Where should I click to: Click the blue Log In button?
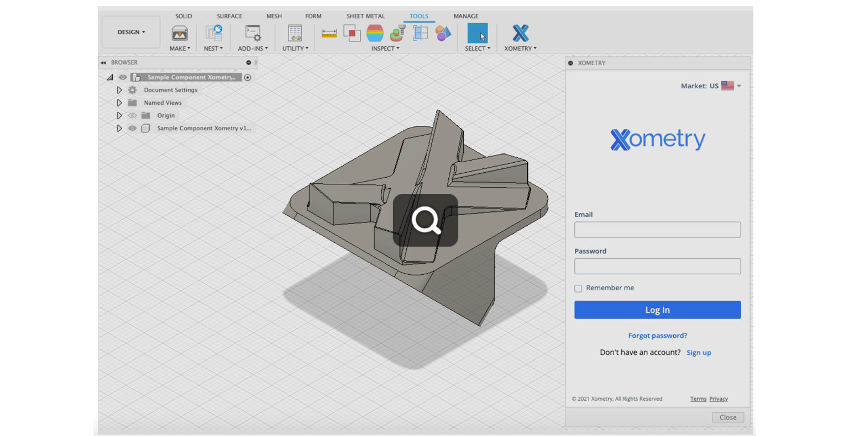coord(657,310)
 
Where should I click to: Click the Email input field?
coord(657,230)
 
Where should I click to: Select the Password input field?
coord(657,266)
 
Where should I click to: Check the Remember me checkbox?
coord(578,288)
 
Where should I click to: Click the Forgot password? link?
coord(657,336)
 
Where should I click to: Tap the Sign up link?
coord(698,353)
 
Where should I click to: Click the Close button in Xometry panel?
coord(727,417)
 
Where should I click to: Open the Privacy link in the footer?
coord(718,398)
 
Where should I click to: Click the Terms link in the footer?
coord(698,398)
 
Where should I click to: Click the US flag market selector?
coord(728,86)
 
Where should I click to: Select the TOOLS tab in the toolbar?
coord(418,16)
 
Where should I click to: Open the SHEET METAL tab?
coord(365,16)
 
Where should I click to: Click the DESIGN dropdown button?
coord(131,32)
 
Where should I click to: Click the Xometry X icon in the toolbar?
coord(520,33)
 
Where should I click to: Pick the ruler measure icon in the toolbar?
coord(329,33)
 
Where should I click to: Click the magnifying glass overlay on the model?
coord(426,221)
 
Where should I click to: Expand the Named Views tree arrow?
coord(119,103)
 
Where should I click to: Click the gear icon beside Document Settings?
coord(132,90)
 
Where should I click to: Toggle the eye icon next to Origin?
coord(132,115)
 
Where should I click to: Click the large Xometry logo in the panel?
coord(657,139)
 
